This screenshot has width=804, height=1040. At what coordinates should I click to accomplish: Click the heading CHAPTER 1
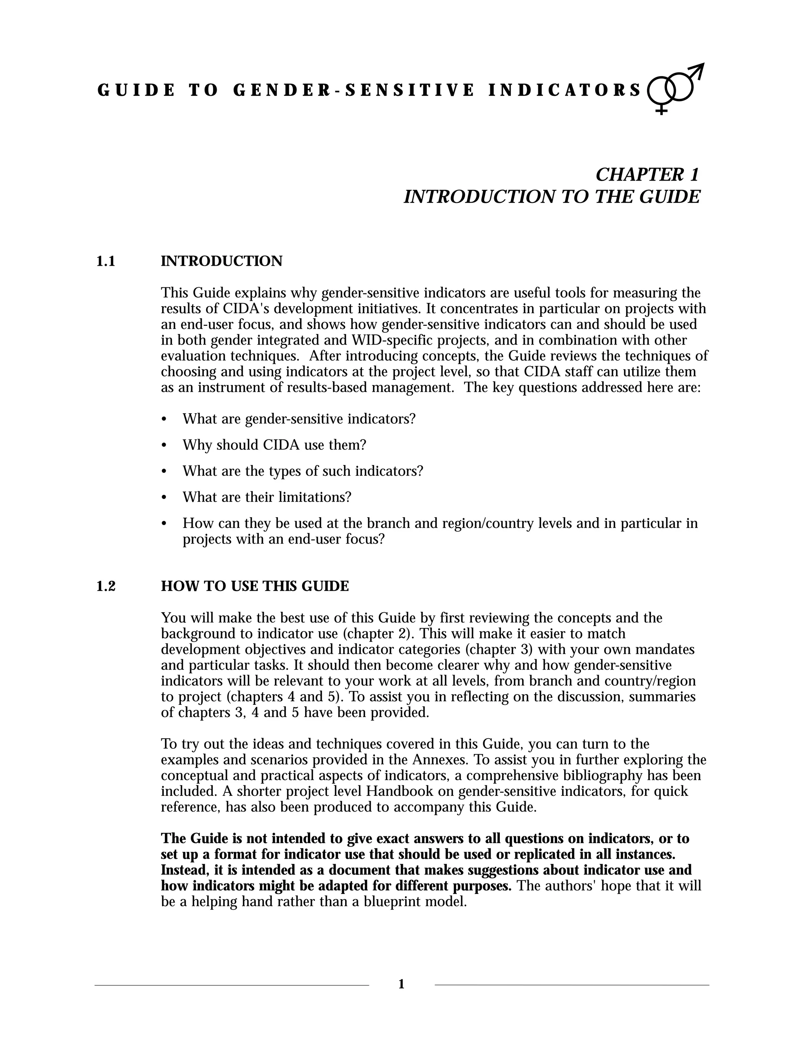coord(647,174)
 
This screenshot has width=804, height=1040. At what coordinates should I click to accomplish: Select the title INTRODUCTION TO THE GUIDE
coord(552,197)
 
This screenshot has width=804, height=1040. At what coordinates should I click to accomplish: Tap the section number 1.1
coord(106,261)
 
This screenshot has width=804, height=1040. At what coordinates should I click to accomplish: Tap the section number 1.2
coord(106,586)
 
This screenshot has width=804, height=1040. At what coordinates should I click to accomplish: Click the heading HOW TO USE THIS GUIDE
coord(255,586)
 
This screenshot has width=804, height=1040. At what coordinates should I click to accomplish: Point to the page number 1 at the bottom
coord(401,984)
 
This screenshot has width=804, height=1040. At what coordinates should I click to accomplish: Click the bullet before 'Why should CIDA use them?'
coord(164,446)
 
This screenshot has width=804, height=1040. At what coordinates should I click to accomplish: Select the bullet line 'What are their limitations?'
coord(267,497)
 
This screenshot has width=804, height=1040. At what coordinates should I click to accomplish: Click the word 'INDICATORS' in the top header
coord(565,90)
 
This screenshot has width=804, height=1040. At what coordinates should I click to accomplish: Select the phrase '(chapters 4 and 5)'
coord(285,697)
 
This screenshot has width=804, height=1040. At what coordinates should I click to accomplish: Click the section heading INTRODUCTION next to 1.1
coord(221,261)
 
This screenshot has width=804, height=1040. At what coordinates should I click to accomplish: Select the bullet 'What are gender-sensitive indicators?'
coord(299,419)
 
